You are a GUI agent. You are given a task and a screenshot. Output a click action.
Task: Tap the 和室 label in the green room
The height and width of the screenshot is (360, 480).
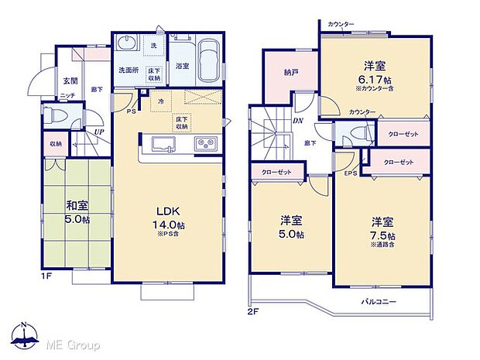coord(75,206)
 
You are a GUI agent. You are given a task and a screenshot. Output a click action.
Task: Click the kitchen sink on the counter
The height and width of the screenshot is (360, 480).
coord(164,145)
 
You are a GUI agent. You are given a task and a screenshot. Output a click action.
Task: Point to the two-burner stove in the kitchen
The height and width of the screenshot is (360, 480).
coord(205,145)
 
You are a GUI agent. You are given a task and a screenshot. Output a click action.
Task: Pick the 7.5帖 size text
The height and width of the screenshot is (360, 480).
coord(382,235)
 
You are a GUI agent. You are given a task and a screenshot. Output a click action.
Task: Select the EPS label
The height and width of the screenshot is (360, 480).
coord(350,173)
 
